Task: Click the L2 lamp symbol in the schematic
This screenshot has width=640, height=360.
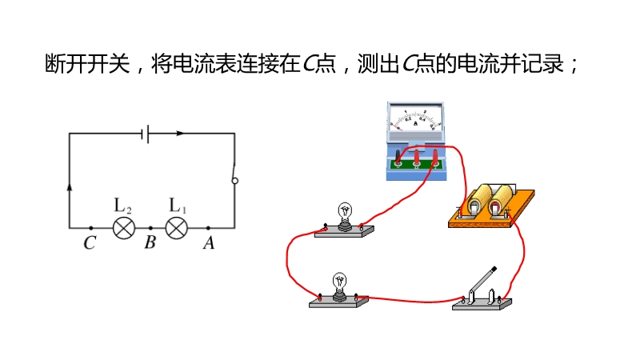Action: click(x=122, y=228)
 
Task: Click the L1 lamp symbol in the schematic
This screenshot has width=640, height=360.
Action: click(x=176, y=228)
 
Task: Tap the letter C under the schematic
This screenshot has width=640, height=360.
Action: click(x=90, y=244)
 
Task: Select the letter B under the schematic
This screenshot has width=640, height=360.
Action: click(x=150, y=244)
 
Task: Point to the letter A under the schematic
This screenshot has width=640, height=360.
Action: click(x=209, y=244)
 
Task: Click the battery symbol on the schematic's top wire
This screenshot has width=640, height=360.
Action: click(x=145, y=134)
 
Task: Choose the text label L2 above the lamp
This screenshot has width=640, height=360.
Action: click(x=123, y=205)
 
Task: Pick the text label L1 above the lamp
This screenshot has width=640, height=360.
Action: click(x=178, y=205)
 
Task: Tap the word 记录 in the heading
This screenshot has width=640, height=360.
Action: click(x=547, y=64)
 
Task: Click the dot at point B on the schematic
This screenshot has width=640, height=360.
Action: click(x=150, y=228)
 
